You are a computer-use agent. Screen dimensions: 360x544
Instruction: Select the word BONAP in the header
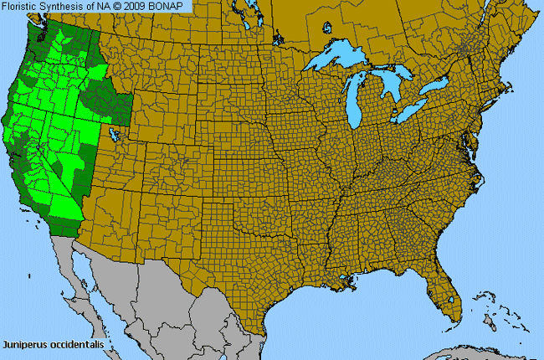[x=172, y=6]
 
